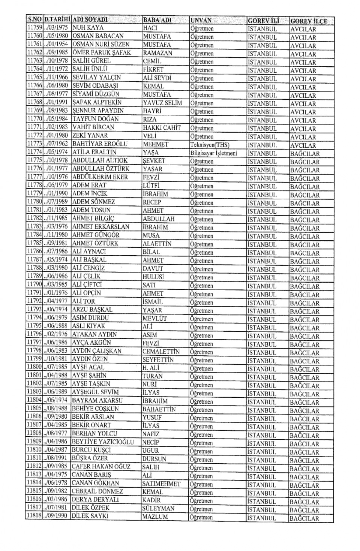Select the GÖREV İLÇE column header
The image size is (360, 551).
(308, 21)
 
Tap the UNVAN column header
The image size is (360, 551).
(201, 20)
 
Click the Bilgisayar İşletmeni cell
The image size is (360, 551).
(213, 153)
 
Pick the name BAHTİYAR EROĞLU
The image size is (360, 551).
(100, 144)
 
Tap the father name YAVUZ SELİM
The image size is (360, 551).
(162, 103)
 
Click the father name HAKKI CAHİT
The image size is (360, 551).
(162, 127)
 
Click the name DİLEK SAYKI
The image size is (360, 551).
(90, 516)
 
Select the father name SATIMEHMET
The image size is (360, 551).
(161, 484)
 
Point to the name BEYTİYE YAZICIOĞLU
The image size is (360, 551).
(102, 442)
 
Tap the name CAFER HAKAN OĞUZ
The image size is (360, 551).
(101, 467)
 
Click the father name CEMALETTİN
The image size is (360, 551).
(161, 352)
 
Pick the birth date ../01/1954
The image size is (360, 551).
(57, 45)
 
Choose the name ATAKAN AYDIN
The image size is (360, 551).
(94, 334)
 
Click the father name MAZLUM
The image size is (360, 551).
(155, 517)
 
